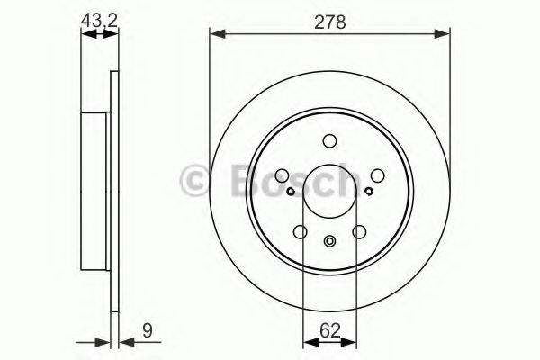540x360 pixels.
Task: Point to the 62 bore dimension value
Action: (x=329, y=330)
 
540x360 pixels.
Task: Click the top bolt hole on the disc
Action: (x=329, y=139)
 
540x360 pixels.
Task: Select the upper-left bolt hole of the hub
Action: (x=282, y=175)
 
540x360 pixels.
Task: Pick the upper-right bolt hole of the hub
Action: (x=377, y=175)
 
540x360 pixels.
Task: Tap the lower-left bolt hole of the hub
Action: (x=300, y=232)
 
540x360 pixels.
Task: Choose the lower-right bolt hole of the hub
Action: (x=359, y=232)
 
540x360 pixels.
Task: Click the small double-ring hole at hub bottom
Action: (x=329, y=240)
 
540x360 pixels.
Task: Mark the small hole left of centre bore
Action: (x=290, y=191)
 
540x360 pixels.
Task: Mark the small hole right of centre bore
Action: (x=369, y=191)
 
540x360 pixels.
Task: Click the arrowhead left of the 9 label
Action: (x=105, y=341)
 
